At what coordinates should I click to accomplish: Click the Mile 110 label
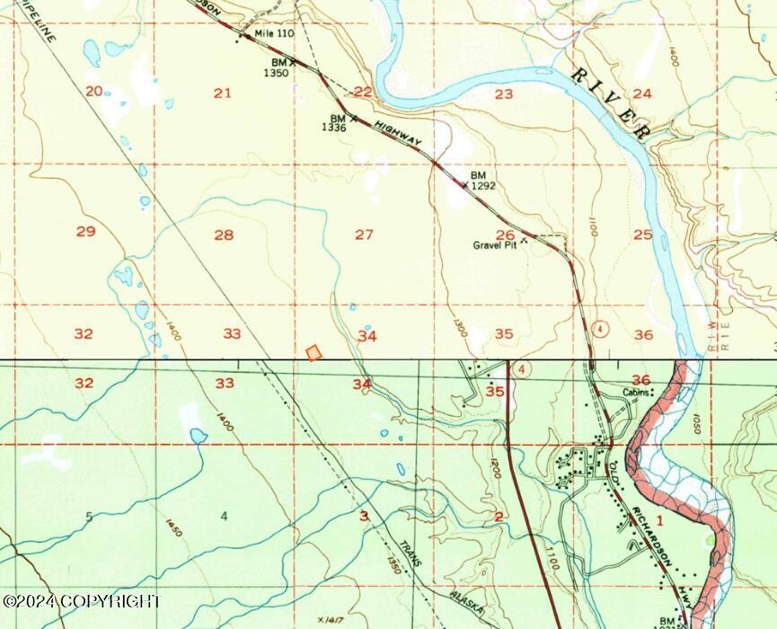click(x=274, y=34)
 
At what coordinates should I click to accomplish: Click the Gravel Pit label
click(x=497, y=244)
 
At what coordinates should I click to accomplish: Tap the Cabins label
click(x=636, y=394)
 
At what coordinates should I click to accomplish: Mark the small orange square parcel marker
click(x=313, y=353)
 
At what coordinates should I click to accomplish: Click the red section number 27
click(x=364, y=235)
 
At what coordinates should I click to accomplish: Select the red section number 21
click(x=223, y=93)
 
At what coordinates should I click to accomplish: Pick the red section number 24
click(x=641, y=93)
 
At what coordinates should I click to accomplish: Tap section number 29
click(x=85, y=232)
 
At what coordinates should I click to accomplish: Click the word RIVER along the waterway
click(x=613, y=101)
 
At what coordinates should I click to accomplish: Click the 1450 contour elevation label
click(x=172, y=527)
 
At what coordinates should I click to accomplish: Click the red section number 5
click(x=88, y=517)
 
